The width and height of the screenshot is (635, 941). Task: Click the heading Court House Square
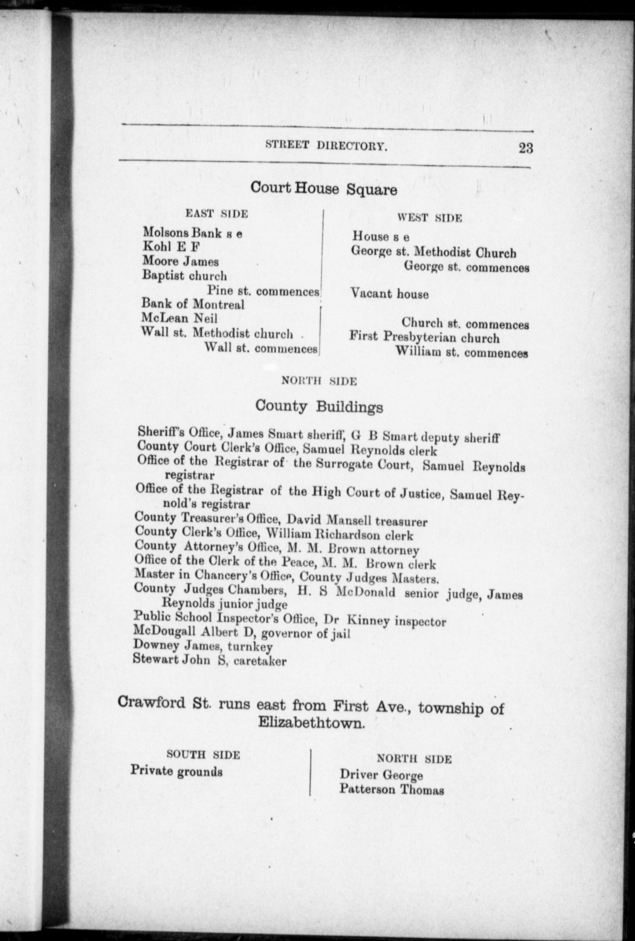(324, 188)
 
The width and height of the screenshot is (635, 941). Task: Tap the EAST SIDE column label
(216, 213)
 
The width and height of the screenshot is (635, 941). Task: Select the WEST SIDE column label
(429, 218)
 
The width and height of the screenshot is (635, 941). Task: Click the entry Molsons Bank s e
(192, 233)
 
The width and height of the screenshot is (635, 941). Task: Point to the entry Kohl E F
(171, 247)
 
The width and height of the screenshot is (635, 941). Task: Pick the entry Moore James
(180, 261)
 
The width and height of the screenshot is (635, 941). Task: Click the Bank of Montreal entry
(193, 304)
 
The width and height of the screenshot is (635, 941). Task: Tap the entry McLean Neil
(179, 318)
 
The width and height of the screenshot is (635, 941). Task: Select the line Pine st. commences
(263, 291)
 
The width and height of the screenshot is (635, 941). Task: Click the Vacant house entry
(390, 293)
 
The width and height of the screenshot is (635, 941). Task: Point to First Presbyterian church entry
(424, 337)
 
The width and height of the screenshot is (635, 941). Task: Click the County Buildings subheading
(319, 406)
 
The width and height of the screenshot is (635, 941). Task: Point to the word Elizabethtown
(311, 723)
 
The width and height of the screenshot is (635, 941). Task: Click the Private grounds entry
(176, 771)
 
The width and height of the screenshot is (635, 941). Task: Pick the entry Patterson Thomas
(392, 790)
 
